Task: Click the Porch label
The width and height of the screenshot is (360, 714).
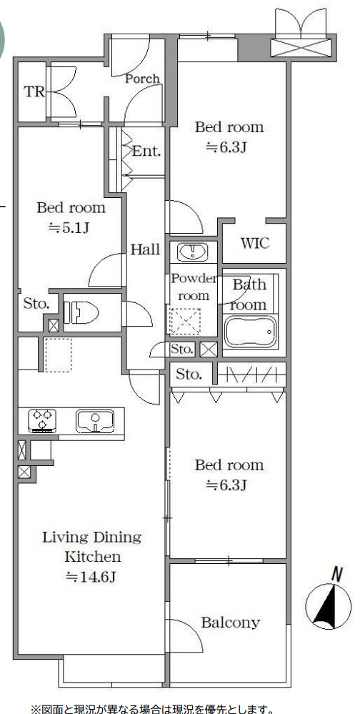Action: [x=142, y=79]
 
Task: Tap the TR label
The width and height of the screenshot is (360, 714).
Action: [x=34, y=91]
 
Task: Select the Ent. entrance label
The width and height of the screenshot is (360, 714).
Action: [x=146, y=151]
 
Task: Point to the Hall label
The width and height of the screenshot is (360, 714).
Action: [x=145, y=249]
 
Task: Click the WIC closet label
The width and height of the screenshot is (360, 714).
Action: [x=255, y=243]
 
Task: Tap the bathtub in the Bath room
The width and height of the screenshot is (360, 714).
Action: [x=250, y=332]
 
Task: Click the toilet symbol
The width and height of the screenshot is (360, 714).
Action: [x=82, y=313]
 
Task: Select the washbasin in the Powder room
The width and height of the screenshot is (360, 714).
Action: [x=193, y=252]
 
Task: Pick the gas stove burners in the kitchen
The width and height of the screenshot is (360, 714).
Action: [x=42, y=420]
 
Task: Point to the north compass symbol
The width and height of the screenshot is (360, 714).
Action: [x=328, y=601]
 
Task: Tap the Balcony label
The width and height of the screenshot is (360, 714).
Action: [x=230, y=622]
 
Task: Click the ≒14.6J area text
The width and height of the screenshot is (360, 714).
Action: [x=91, y=577]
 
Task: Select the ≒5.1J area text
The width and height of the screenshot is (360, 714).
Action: [x=69, y=228]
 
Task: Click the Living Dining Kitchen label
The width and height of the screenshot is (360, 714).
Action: [x=92, y=547]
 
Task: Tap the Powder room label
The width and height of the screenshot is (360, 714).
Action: [x=194, y=287]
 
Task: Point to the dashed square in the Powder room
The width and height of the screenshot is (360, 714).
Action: [x=185, y=322]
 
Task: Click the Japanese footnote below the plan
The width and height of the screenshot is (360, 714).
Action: [x=152, y=708]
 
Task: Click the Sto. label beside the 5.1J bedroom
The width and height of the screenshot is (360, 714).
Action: [x=36, y=304]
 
